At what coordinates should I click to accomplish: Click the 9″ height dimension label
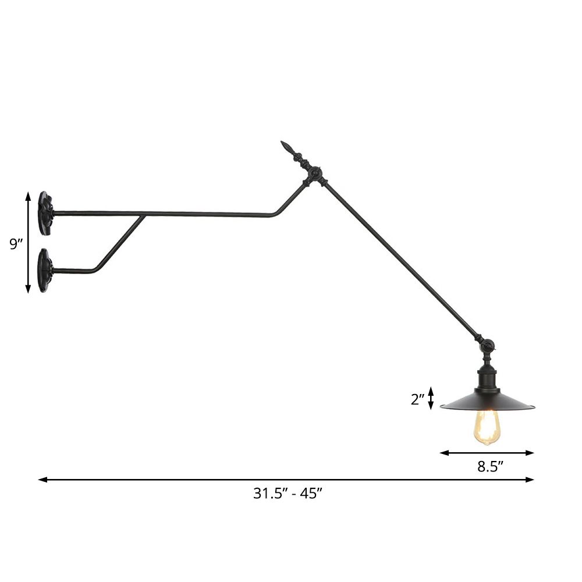click(15, 244)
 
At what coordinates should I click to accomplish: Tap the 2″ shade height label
click(418, 399)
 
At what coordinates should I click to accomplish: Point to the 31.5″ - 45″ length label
click(288, 494)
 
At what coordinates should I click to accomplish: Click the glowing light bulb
click(487, 426)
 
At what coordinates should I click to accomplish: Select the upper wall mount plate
click(45, 214)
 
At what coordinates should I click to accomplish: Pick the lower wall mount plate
click(45, 270)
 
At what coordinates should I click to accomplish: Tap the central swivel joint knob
click(315, 173)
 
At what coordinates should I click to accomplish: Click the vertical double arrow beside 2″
click(431, 398)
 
